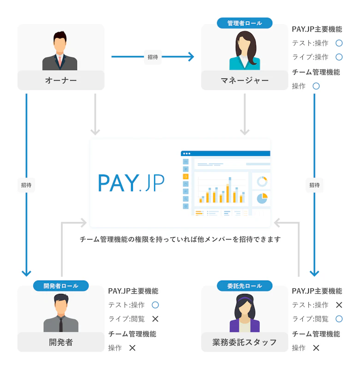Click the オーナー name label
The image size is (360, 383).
[61, 81]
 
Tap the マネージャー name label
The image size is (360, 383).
[245, 81]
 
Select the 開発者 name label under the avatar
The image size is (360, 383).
[61, 342]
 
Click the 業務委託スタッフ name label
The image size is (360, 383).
[245, 342]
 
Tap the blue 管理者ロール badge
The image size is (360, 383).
[245, 23]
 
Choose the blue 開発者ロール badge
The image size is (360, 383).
[61, 286]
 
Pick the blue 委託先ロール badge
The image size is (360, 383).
[245, 286]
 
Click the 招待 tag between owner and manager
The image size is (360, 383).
[153, 57]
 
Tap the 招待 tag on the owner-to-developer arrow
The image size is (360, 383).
[26, 185]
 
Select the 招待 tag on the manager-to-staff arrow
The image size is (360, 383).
[314, 185]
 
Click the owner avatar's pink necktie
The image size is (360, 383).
[60, 60]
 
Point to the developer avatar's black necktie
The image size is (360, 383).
[61, 323]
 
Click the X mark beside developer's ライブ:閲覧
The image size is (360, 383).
[155, 319]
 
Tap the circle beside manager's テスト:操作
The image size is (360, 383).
[339, 43]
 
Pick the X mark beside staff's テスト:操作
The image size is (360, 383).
[339, 305]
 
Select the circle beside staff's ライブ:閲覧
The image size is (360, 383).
[339, 319]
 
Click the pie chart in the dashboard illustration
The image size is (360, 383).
[262, 198]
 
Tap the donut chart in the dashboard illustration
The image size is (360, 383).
[262, 181]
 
